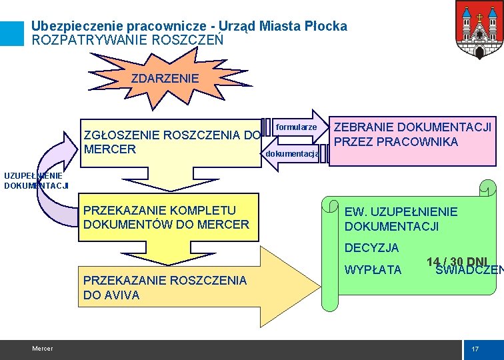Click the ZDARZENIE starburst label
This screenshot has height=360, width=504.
[x=165, y=79]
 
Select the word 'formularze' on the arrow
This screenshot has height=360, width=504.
[x=295, y=127]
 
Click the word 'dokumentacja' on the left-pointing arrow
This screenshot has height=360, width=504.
[x=291, y=154]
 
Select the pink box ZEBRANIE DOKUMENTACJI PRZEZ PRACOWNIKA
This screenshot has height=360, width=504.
[x=412, y=135]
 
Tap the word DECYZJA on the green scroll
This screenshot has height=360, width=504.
[x=371, y=248]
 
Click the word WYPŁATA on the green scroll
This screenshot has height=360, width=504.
[x=373, y=270]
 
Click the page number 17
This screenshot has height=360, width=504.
[x=475, y=349]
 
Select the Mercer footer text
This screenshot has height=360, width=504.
[x=42, y=349]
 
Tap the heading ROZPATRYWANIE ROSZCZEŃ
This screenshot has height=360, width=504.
[x=127, y=40]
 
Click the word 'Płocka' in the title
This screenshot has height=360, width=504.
[x=325, y=26]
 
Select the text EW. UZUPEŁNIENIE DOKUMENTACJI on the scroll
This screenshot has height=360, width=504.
[x=401, y=219]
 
